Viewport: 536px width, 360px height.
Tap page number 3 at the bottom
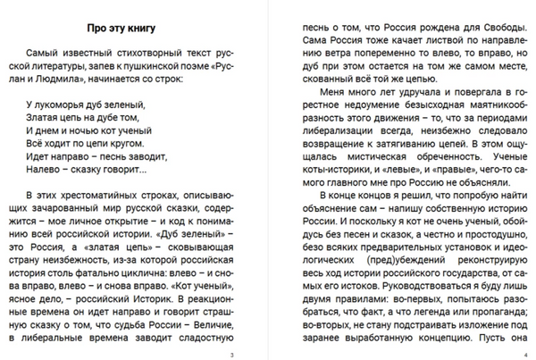[231, 356]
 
